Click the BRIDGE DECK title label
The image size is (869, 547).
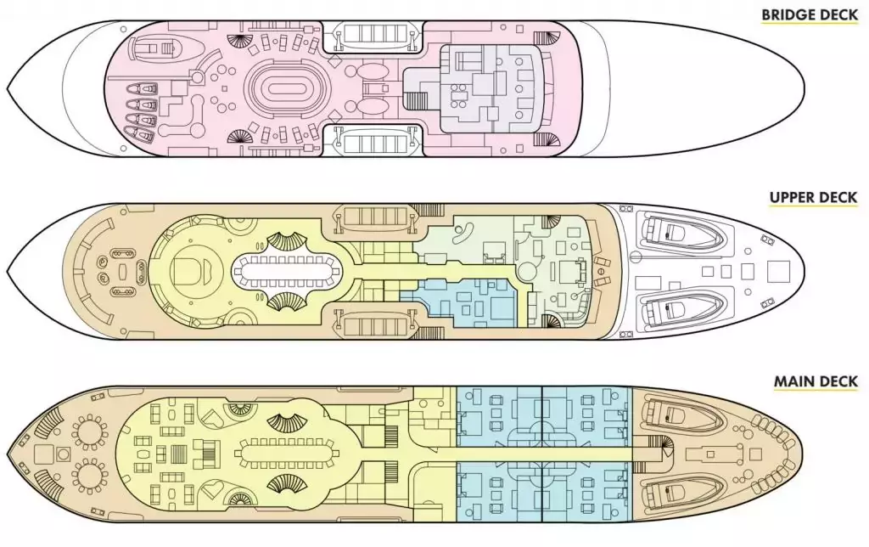pos(809,15)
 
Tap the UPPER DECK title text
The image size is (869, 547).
pos(813,199)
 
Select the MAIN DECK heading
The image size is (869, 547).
pos(815,381)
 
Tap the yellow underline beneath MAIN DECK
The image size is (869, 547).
pos(815,392)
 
